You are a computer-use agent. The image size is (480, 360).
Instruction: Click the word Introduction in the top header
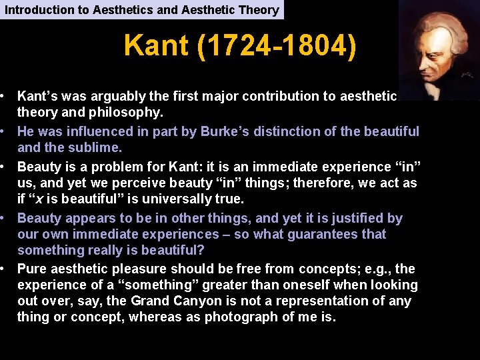(33, 9)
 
